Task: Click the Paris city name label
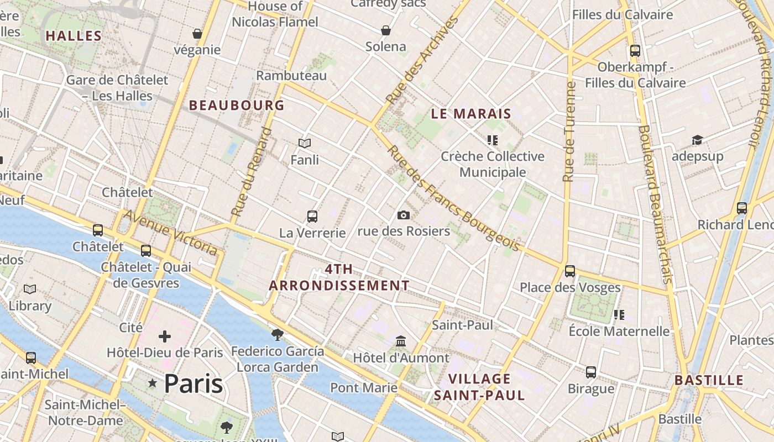(x=193, y=383)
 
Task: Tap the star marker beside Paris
(x=153, y=383)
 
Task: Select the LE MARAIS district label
(x=470, y=114)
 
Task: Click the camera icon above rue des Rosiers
(x=404, y=215)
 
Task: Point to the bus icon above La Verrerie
(x=312, y=217)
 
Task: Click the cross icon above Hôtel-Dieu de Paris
(x=165, y=336)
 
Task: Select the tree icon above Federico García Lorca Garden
(x=278, y=334)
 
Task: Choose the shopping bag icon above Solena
(x=386, y=30)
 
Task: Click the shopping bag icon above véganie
(x=197, y=34)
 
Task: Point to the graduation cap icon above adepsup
(x=697, y=140)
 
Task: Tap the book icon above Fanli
(x=305, y=144)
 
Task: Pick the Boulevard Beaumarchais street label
(x=655, y=204)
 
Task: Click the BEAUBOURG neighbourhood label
(x=237, y=105)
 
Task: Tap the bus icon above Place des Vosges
(x=569, y=271)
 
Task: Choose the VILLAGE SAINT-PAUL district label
(x=479, y=387)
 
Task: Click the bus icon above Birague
(x=591, y=372)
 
